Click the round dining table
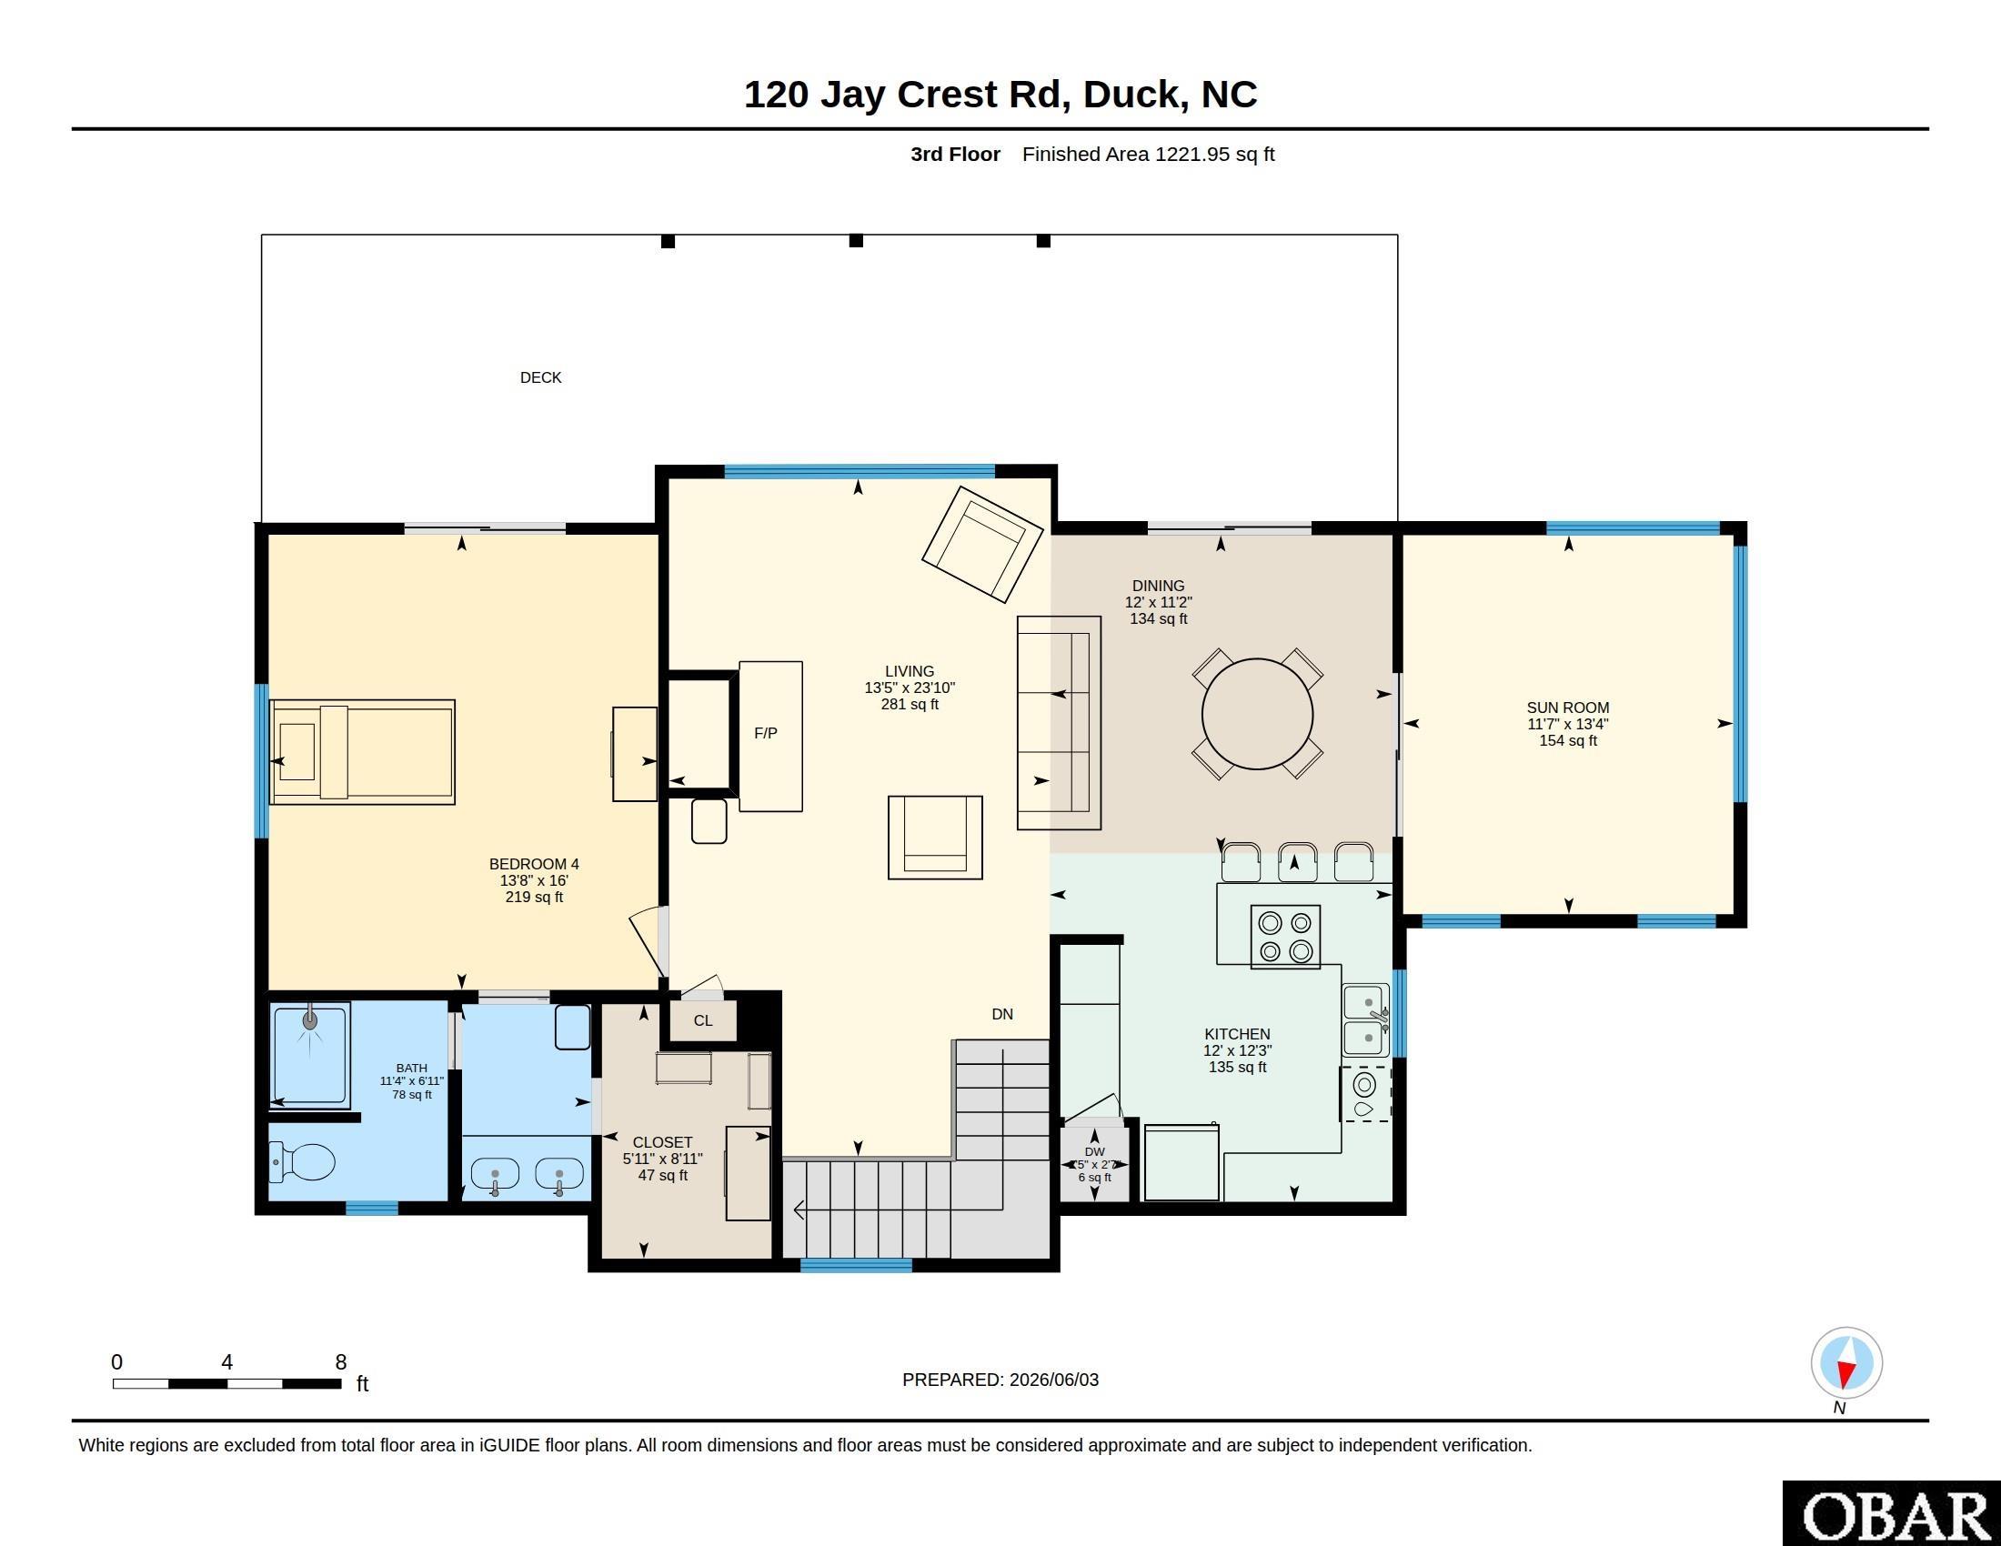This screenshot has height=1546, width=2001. (x=1257, y=715)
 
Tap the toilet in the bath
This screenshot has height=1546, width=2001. (x=302, y=1163)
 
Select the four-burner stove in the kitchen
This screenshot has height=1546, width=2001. (x=1285, y=937)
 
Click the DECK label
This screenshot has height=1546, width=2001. (x=540, y=377)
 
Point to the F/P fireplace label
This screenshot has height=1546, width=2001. (x=766, y=733)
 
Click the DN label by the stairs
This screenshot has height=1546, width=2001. (x=1002, y=1014)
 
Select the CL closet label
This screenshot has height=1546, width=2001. (x=703, y=1020)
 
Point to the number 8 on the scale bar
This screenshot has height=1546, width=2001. (x=341, y=1362)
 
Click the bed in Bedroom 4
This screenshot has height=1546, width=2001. (x=363, y=752)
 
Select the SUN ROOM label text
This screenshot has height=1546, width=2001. (x=1568, y=707)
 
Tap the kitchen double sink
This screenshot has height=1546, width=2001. (x=1365, y=1020)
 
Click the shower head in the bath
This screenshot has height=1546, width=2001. (x=310, y=1019)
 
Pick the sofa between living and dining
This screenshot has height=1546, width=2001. (x=1059, y=723)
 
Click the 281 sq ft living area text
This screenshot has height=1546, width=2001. (x=910, y=704)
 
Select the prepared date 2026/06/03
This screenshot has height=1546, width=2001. (x=1053, y=1380)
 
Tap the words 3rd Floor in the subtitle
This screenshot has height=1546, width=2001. (x=956, y=154)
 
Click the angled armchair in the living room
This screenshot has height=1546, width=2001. (x=982, y=544)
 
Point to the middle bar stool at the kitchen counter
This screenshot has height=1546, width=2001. (x=1297, y=861)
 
